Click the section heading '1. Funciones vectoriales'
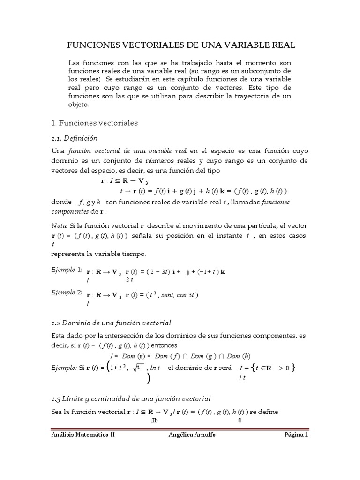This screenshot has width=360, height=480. (x=94, y=123)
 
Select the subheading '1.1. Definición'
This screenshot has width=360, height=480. (x=74, y=138)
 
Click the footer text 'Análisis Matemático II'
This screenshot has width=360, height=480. (x=82, y=435)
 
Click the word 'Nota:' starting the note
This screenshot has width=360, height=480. (x=60, y=225)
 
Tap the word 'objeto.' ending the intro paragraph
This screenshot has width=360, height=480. (x=79, y=105)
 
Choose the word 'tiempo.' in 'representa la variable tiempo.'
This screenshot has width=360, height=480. (x=134, y=254)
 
